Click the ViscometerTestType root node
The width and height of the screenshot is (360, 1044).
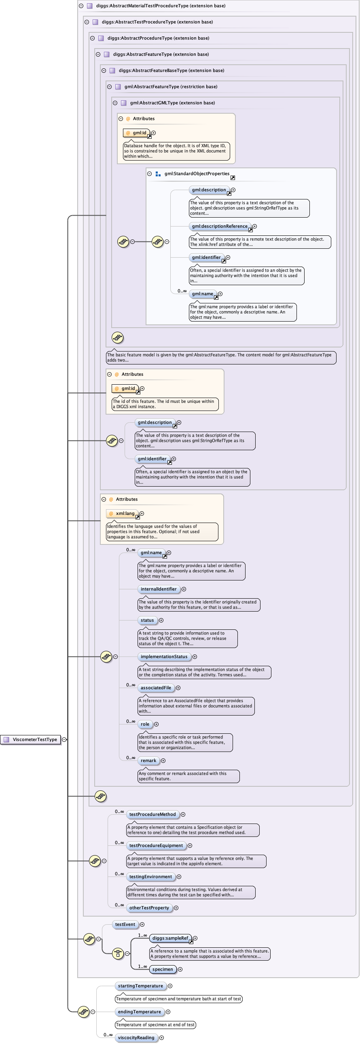coord(34,739)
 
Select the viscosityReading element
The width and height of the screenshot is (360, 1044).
coord(136,1038)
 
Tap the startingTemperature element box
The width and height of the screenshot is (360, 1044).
coord(140,986)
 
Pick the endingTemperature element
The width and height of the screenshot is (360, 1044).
coord(139,1012)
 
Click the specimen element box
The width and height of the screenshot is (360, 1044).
coord(163,969)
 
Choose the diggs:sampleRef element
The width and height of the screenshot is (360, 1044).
coord(170,938)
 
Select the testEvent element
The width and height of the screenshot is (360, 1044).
coord(125,924)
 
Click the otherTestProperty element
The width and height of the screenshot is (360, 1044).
coord(149,907)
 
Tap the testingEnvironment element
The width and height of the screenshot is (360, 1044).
coord(150,877)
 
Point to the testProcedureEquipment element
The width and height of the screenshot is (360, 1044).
coord(156,845)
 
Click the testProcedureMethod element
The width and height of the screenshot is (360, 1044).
coord(152,814)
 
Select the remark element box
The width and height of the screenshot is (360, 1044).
coord(148,760)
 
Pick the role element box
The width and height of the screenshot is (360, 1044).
coord(145,724)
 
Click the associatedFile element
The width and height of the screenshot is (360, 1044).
coord(156,688)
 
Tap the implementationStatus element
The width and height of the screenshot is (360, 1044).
coord(164,656)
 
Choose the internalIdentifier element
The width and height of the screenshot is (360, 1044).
coord(159,589)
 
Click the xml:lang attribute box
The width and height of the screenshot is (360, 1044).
coord(123,513)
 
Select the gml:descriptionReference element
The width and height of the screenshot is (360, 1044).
coord(219,226)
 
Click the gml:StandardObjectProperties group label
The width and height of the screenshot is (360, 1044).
coord(197,174)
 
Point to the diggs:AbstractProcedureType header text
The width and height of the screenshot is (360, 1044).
coord(158,38)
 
